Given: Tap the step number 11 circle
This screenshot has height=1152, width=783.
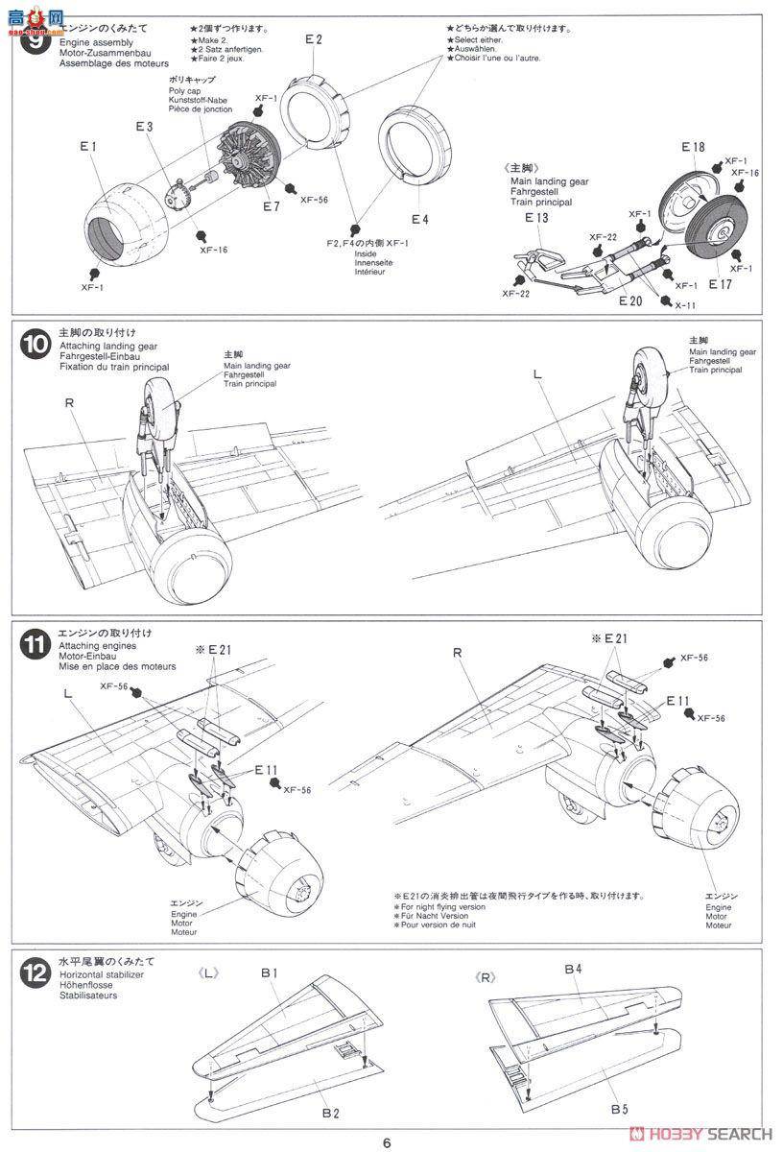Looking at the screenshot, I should [x=33, y=645].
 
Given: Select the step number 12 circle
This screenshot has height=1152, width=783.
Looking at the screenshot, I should [x=33, y=972].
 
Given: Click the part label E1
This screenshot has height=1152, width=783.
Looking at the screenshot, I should [x=88, y=147].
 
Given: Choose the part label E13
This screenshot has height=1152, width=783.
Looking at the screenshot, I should [x=536, y=218].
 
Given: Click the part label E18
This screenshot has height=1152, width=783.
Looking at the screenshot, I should [x=693, y=147].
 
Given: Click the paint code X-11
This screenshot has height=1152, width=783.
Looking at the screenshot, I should [x=685, y=304].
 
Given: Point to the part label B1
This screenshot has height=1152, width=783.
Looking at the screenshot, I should [x=269, y=973].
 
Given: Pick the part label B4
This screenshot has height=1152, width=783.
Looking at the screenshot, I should [x=573, y=970].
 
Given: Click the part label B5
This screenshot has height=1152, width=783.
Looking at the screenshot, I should [x=619, y=1109].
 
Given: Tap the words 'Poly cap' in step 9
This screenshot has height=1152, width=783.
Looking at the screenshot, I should [x=184, y=90].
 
